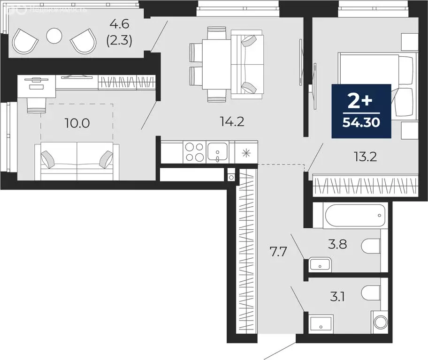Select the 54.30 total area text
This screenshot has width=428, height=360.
tap(361, 123)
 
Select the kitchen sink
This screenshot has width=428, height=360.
tap(217, 151)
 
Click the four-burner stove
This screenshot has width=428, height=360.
tap(194, 151)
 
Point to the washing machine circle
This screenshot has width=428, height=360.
tap(380, 322)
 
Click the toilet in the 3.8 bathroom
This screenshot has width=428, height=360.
tap(371, 245)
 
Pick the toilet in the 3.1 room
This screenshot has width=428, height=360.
tap(371, 293)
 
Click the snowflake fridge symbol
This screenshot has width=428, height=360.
tap(246, 152)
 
